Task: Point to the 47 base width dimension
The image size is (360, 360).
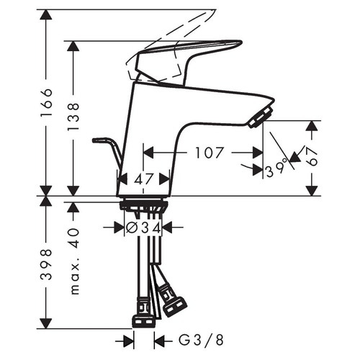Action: click(143, 180)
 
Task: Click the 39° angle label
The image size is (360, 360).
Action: click(276, 168)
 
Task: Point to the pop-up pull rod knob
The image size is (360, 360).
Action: click(99, 138)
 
